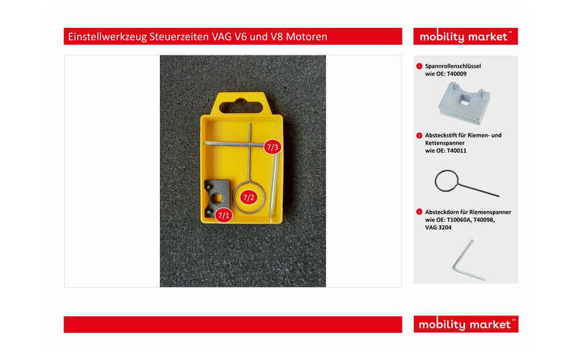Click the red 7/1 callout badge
click(x=224, y=215)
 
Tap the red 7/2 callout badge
click(x=248, y=197)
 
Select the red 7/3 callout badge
click(x=273, y=147)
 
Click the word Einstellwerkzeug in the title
click(x=107, y=37)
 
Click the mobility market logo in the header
click(x=465, y=37)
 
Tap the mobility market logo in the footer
click(x=466, y=324)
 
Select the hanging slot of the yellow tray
click(x=241, y=107)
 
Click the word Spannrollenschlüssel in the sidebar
click(x=453, y=66)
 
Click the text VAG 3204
click(x=438, y=228)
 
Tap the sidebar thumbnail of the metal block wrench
click(x=464, y=103)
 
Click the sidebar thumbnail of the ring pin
click(x=466, y=183)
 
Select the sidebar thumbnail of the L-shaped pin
click(x=467, y=260)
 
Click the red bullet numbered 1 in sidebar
click(x=419, y=66)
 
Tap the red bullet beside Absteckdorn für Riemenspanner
click(x=419, y=212)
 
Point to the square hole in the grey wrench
click(x=217, y=199)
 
